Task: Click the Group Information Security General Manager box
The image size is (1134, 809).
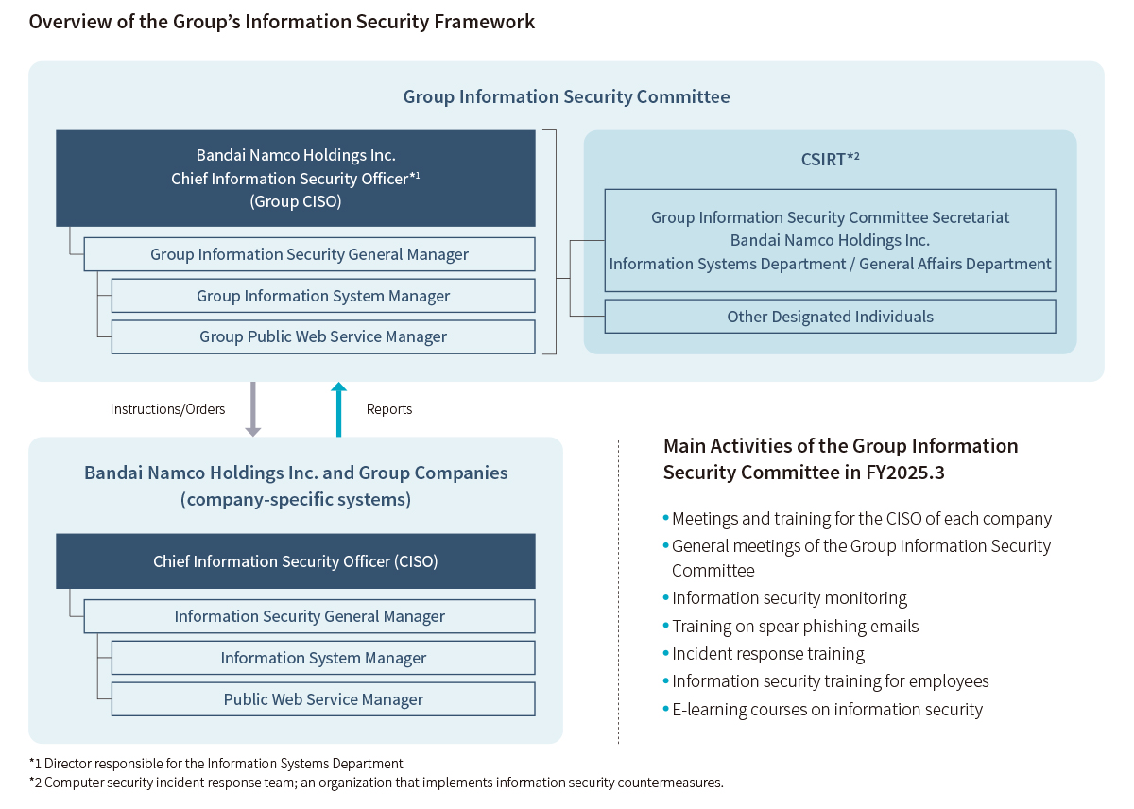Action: pyautogui.click(x=309, y=254)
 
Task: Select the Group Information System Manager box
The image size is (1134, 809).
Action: pyautogui.click(x=323, y=296)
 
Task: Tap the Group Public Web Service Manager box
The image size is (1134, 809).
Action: pyautogui.click(x=323, y=336)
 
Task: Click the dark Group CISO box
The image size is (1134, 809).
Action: pyautogui.click(x=296, y=178)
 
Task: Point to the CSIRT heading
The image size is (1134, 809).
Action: pyautogui.click(x=830, y=159)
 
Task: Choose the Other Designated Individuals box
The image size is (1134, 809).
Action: pyautogui.click(x=830, y=317)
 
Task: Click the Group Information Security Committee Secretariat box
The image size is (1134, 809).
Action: pyautogui.click(x=830, y=240)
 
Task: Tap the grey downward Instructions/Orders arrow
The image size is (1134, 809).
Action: pyautogui.click(x=252, y=409)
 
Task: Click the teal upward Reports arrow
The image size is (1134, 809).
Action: pyautogui.click(x=339, y=409)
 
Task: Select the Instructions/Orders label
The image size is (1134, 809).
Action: pyautogui.click(x=167, y=409)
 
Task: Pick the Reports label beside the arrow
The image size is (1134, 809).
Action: pyautogui.click(x=388, y=409)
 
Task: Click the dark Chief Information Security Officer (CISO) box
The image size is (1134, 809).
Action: pyautogui.click(x=296, y=561)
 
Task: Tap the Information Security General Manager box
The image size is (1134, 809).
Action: pyautogui.click(x=309, y=616)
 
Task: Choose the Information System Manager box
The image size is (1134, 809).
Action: pyautogui.click(x=323, y=658)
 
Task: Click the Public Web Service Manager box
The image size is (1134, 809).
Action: pyautogui.click(x=323, y=699)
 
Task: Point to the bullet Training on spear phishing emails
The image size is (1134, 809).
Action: pyautogui.click(x=795, y=626)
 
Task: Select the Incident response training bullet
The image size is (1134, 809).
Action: pyautogui.click(x=767, y=653)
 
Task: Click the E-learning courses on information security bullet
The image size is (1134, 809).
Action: pyautogui.click(x=827, y=709)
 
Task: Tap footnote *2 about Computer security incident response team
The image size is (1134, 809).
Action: pyautogui.click(x=376, y=783)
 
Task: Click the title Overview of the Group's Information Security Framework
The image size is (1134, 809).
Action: pyautogui.click(x=282, y=21)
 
